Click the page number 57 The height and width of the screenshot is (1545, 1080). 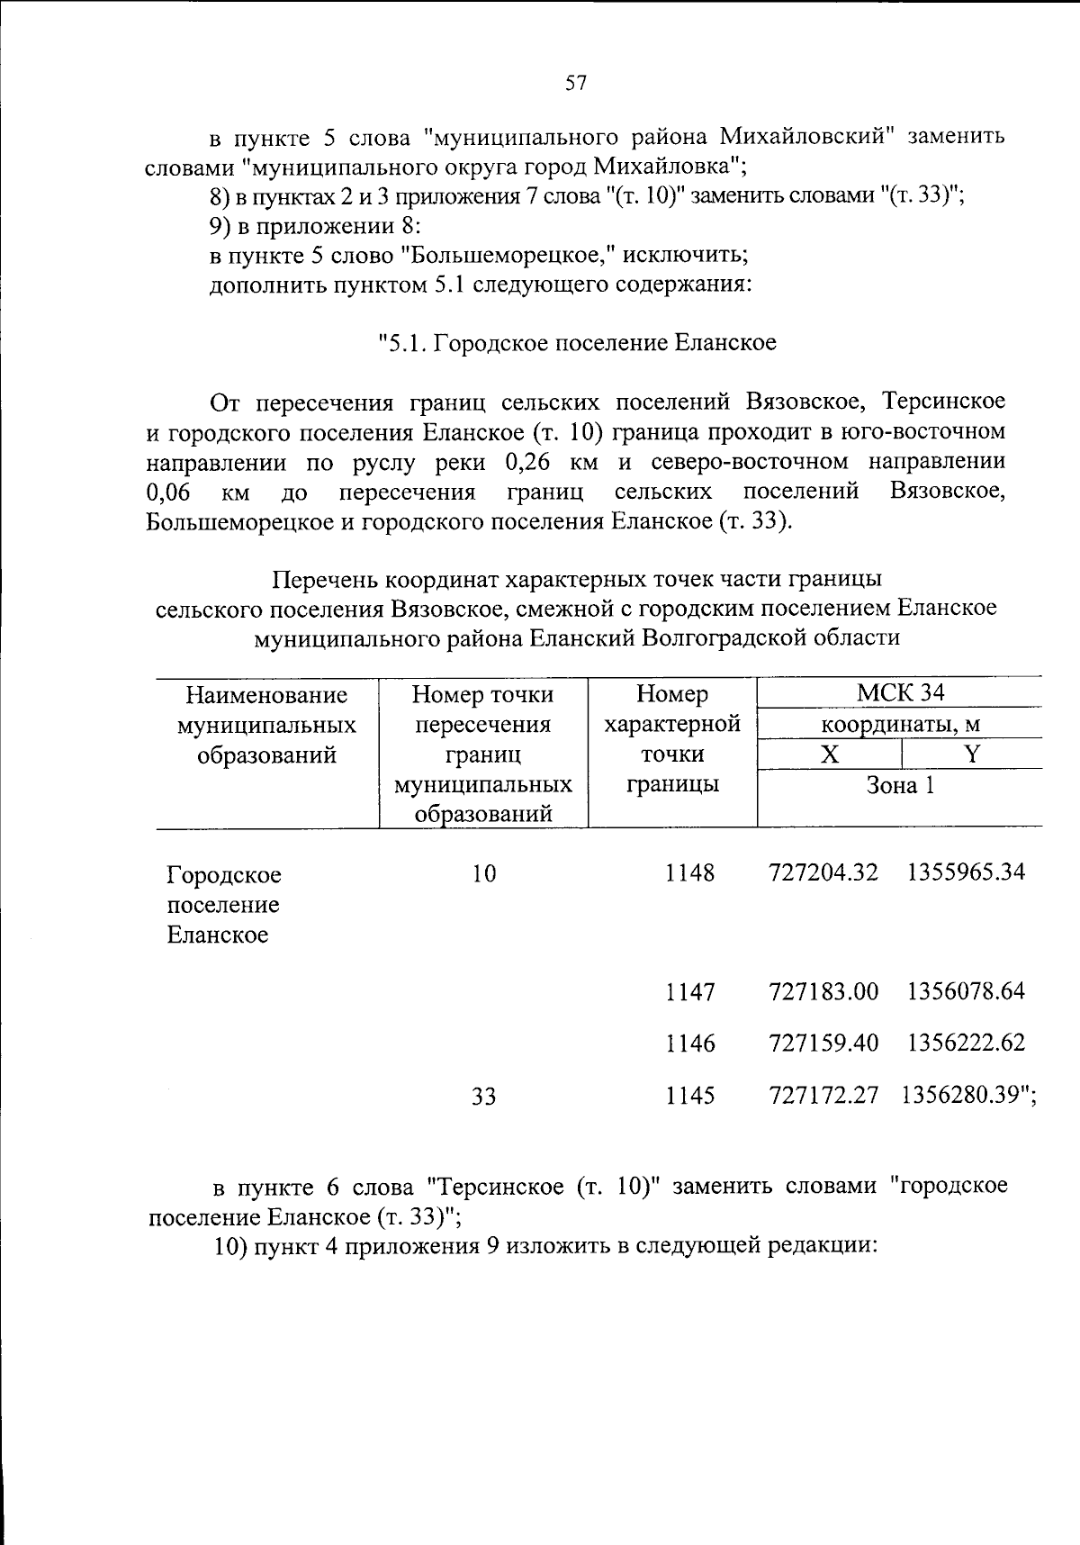[576, 84]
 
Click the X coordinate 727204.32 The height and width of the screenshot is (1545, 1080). [823, 872]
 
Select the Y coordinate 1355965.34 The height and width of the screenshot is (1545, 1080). [966, 872]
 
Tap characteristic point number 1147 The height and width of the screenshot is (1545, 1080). [690, 991]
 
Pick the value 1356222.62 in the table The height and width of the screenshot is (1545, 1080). [966, 1043]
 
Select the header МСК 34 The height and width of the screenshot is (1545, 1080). [900, 693]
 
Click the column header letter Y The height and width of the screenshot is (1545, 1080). [971, 754]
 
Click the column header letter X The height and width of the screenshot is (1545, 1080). [829, 754]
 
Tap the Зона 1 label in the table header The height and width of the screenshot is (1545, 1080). [900, 785]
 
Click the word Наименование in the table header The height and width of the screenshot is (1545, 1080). [266, 695]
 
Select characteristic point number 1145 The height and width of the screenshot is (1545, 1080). [690, 1096]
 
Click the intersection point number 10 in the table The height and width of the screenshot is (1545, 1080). [484, 873]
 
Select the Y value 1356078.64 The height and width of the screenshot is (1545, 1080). [966, 991]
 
